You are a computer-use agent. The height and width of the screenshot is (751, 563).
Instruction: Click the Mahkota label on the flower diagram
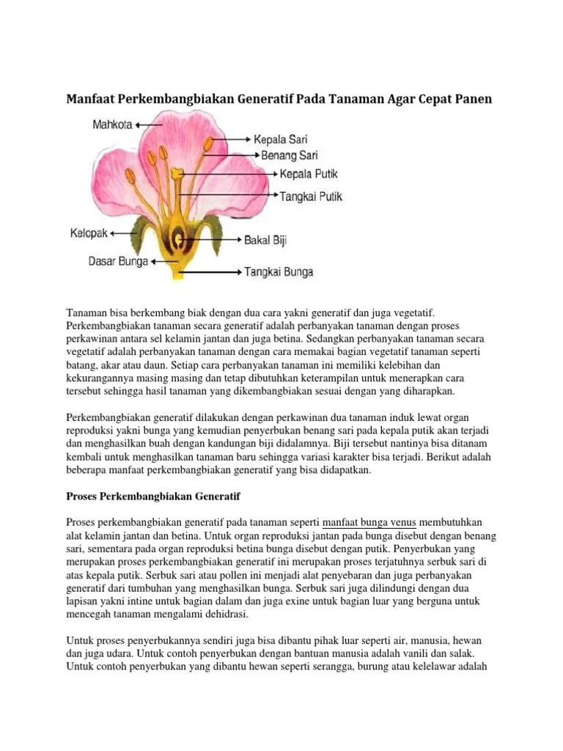pyautogui.click(x=112, y=125)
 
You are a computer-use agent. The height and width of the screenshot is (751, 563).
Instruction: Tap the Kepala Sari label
pyautogui.click(x=281, y=139)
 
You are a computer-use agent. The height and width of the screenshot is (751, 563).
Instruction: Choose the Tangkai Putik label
pyautogui.click(x=311, y=197)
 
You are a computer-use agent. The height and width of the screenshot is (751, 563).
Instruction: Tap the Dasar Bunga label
pyautogui.click(x=117, y=261)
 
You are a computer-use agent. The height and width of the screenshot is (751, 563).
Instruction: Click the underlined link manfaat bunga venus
pyautogui.click(x=369, y=522)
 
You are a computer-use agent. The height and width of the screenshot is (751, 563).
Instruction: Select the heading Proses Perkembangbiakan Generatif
pyautogui.click(x=152, y=497)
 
